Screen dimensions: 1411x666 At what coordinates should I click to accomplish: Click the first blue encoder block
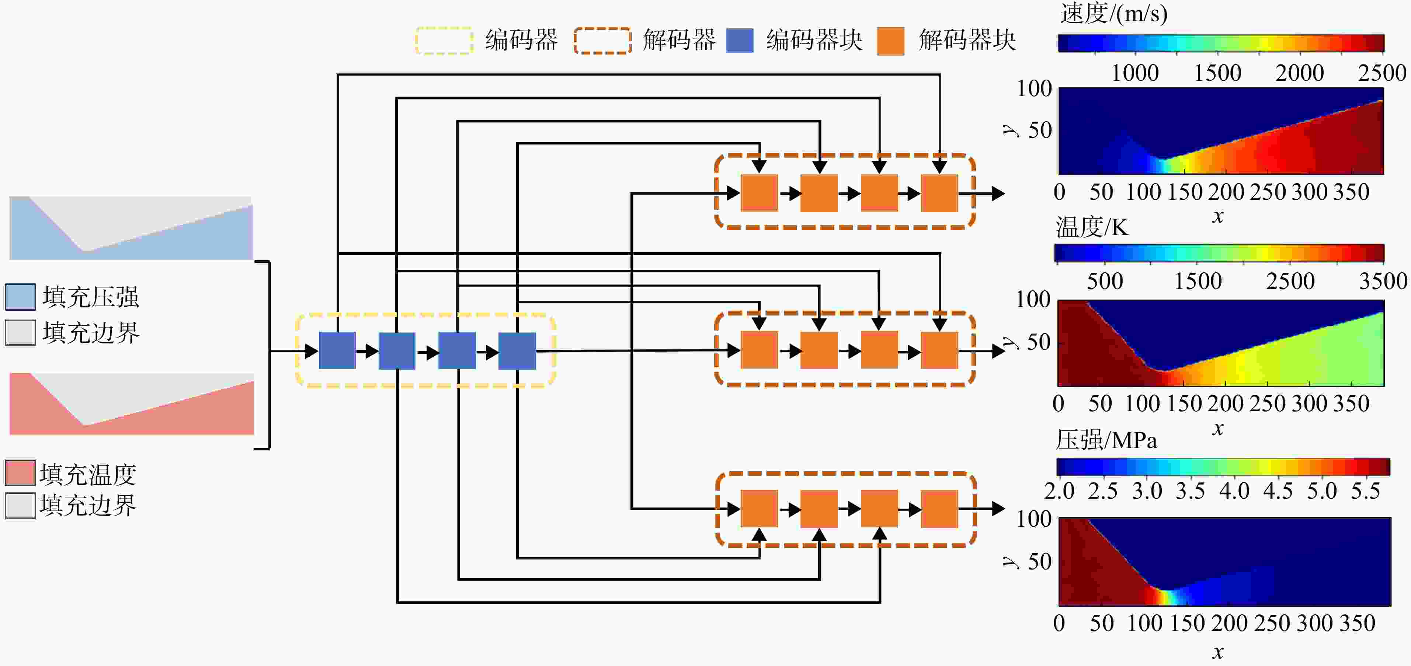coord(337,351)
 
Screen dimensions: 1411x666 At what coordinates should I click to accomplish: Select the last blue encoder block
coord(517,351)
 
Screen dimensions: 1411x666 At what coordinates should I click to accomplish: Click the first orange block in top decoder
coord(759,193)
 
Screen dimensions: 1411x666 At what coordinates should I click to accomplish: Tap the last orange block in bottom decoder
coord(939,509)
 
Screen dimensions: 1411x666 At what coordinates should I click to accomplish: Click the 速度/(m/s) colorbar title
coord(1113,13)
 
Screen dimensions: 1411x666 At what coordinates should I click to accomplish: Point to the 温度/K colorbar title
coord(1092,227)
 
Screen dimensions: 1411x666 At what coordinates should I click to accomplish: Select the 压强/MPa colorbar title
coord(1106,440)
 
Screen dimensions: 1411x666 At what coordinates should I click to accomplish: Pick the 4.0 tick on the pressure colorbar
coord(1234,491)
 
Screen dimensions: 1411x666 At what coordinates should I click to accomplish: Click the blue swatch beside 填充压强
coord(20,297)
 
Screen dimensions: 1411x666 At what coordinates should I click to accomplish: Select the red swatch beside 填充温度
coord(20,473)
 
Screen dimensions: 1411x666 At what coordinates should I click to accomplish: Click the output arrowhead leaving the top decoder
coord(998,193)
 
